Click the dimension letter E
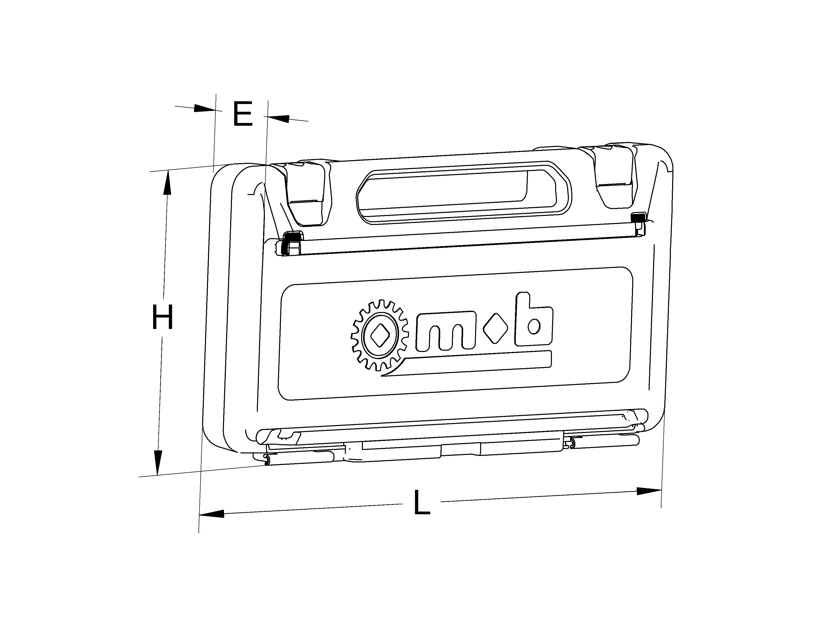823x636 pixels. click(x=242, y=114)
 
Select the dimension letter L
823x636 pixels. click(x=421, y=502)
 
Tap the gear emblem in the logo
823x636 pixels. click(x=380, y=334)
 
